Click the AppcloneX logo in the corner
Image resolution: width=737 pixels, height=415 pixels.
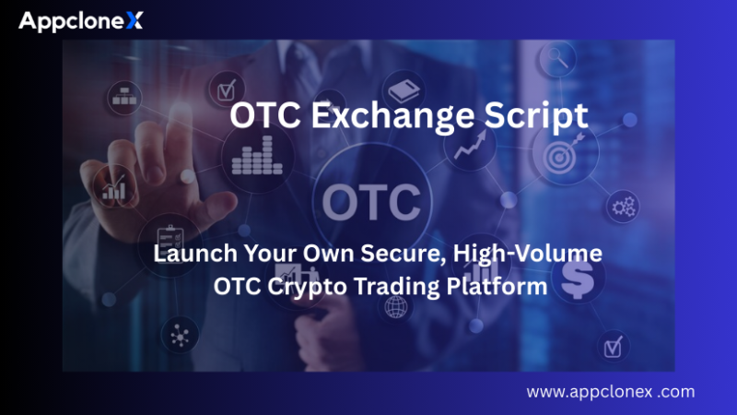81,20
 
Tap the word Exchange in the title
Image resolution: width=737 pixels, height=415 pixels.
410,116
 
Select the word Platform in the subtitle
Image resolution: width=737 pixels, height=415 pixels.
488,287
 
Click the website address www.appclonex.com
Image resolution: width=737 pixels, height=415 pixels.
610,392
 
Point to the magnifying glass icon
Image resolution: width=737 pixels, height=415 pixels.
557,58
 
